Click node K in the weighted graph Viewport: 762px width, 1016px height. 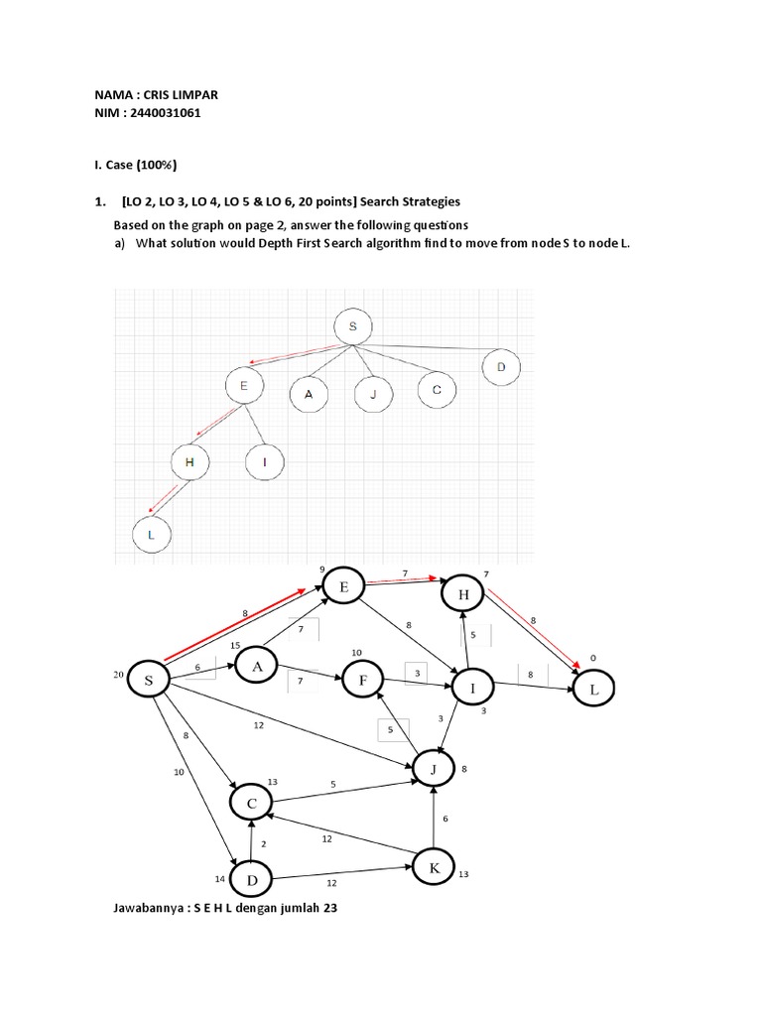pyautogui.click(x=434, y=868)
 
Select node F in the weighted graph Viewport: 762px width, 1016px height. pyautogui.click(x=363, y=681)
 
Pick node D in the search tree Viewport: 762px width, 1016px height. pyautogui.click(x=501, y=368)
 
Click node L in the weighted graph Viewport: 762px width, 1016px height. pyautogui.click(x=594, y=688)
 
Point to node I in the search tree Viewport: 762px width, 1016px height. pyautogui.click(x=265, y=461)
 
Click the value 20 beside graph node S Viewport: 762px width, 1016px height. pyautogui.click(x=120, y=675)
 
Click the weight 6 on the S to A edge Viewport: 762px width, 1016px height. pyautogui.click(x=197, y=667)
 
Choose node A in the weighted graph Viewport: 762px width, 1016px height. pyautogui.click(x=257, y=668)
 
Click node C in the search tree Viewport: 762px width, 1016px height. pyautogui.click(x=436, y=390)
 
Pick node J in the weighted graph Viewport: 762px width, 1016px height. pyautogui.click(x=433, y=768)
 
